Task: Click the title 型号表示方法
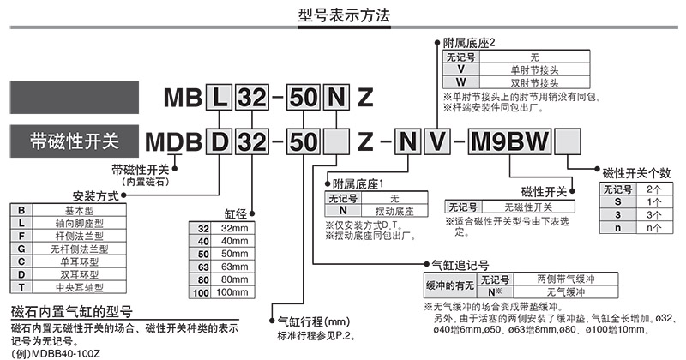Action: point(342,15)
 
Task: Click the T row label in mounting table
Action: point(22,287)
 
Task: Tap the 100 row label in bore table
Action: point(203,292)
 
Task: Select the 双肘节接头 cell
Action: point(534,82)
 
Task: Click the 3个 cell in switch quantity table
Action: point(653,214)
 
